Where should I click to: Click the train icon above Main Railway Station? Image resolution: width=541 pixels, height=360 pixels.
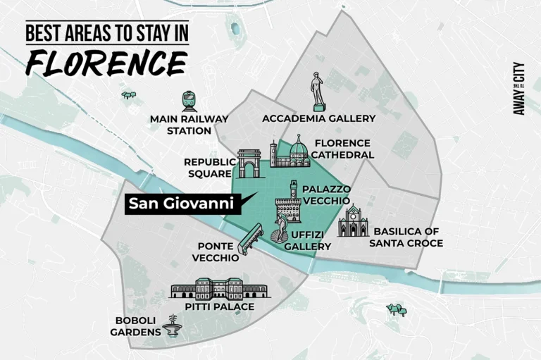pos(189,101)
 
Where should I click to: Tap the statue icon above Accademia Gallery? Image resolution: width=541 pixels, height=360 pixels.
pos(318,91)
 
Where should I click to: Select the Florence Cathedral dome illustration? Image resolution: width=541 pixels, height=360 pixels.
pos(298,151)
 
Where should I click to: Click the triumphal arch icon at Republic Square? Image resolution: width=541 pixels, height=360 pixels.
pos(249,163)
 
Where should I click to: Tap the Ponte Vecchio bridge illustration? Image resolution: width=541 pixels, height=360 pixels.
pos(251,239)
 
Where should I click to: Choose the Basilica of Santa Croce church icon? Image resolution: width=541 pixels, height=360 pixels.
pos(352,222)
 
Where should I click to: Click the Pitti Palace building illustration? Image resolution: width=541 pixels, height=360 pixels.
pos(219,288)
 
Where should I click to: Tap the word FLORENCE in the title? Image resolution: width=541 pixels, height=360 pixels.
pos(106,63)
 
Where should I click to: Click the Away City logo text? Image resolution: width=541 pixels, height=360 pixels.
pos(519,89)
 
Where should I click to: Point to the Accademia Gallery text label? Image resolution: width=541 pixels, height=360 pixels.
pos(318,118)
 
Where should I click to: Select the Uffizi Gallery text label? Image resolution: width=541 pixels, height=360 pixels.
pos(307,241)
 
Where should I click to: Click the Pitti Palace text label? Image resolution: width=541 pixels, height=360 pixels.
pos(219,307)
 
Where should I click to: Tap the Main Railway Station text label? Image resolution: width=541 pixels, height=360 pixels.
pos(180,125)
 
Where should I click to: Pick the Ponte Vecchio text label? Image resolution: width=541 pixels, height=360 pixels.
pos(216,252)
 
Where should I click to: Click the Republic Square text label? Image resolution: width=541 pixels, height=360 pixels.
pos(209,167)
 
